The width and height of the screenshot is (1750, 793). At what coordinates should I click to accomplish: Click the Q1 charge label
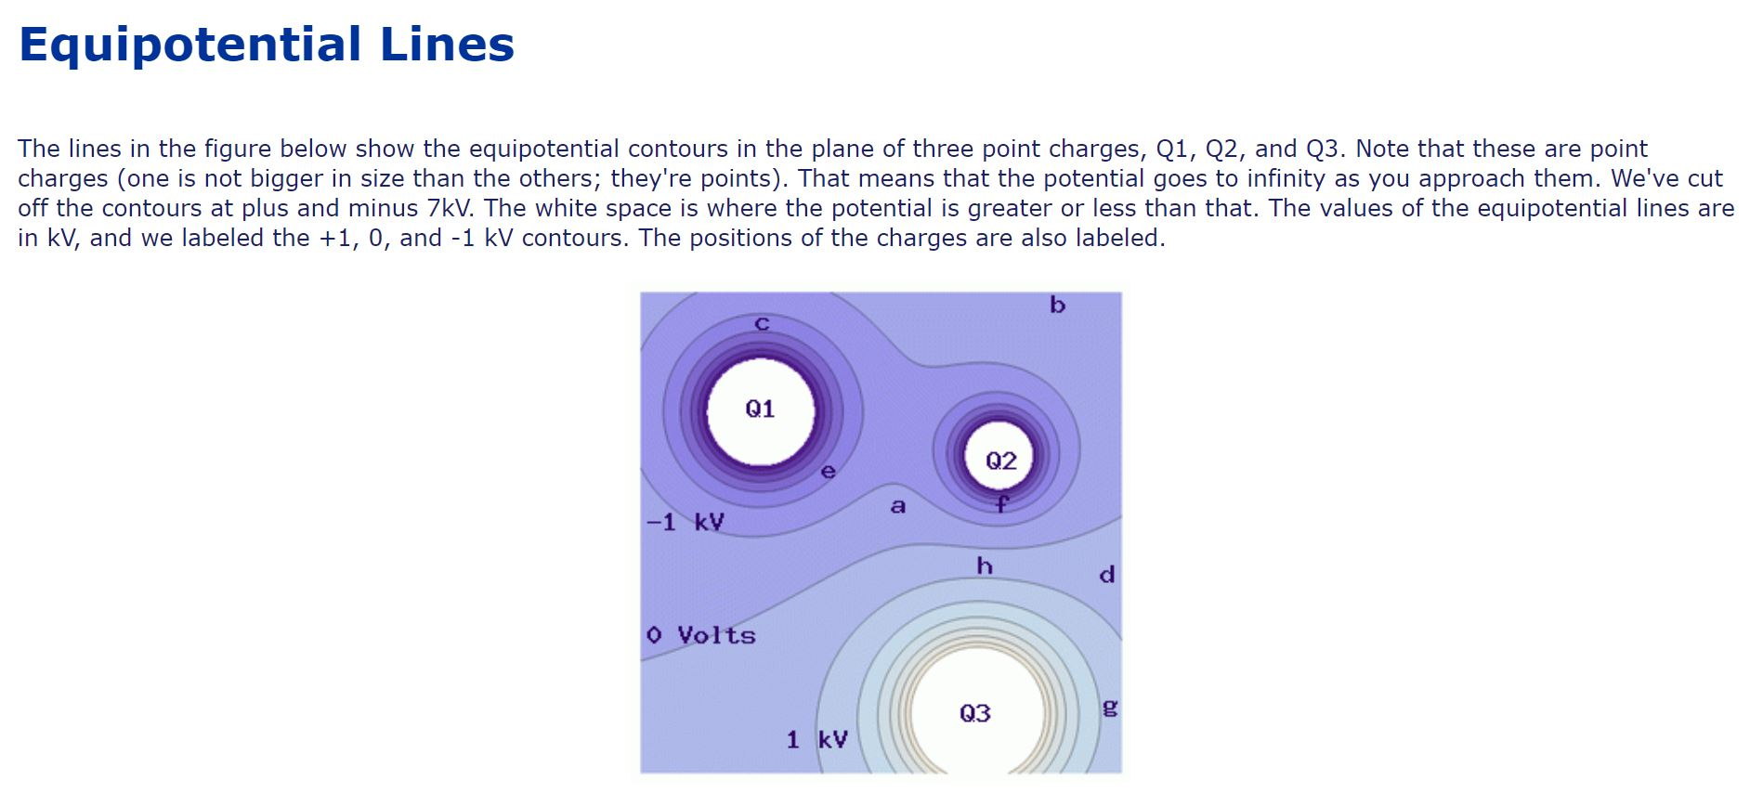point(760,409)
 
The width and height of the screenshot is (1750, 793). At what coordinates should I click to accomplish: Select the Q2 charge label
point(1000,461)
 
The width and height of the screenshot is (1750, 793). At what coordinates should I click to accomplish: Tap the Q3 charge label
point(974,713)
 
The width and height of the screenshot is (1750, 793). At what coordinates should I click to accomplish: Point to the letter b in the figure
point(1057,305)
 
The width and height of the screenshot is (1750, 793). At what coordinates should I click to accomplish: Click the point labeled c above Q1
point(762,324)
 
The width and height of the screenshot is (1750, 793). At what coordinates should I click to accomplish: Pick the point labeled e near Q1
point(829,472)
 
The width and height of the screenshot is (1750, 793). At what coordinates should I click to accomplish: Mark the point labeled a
point(897,506)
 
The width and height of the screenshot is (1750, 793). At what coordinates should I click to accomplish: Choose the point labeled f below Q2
point(1001,504)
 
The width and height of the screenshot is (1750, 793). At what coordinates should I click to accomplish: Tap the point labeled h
point(985,565)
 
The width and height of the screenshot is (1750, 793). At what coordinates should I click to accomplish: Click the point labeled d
point(1106,574)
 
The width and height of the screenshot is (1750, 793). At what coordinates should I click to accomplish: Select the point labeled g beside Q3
point(1108,708)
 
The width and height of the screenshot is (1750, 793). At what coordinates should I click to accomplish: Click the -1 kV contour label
point(685,522)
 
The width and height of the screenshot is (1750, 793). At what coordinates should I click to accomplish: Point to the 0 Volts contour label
point(701,635)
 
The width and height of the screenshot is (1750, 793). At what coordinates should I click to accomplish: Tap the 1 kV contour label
point(816,739)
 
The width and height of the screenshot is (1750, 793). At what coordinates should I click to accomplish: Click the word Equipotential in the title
point(189,45)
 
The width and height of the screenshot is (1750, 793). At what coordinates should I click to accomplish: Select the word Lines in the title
point(447,45)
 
